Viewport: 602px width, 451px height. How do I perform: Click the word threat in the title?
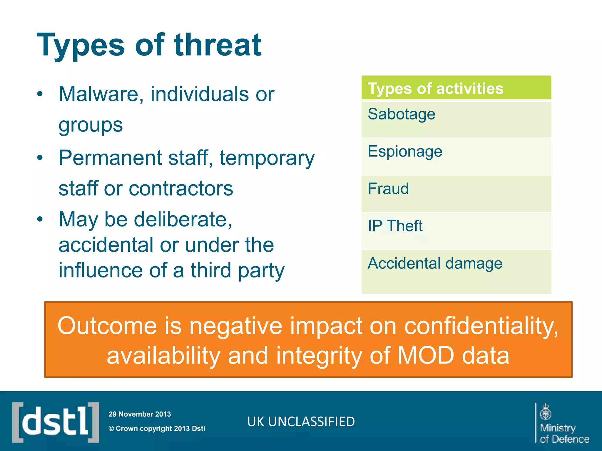(x=218, y=46)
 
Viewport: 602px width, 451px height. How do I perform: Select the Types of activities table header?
(x=456, y=88)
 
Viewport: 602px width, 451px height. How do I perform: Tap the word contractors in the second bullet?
(x=181, y=189)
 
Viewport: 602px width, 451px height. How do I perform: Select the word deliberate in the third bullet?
(x=183, y=220)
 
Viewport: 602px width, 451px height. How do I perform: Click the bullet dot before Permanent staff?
(x=40, y=158)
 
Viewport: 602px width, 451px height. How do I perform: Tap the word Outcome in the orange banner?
(x=107, y=326)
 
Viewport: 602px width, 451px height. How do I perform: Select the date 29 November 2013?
(x=140, y=414)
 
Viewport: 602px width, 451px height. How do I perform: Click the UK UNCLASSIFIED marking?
(x=301, y=422)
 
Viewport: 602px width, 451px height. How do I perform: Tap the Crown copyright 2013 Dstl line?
(x=157, y=429)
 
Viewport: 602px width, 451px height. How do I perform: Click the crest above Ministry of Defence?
(x=546, y=412)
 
